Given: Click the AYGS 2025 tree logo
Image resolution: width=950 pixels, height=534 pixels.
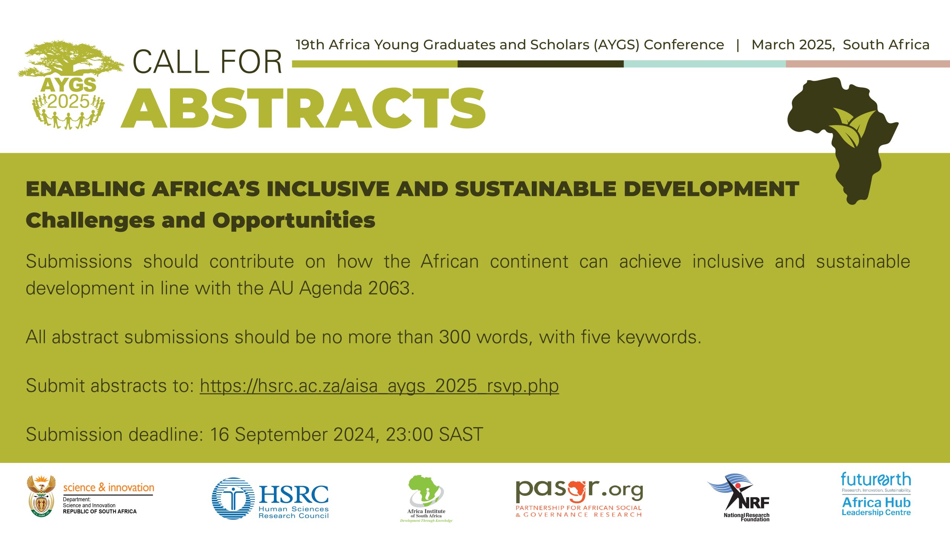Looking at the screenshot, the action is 71,85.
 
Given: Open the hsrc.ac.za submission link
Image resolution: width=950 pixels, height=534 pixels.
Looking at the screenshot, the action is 379,386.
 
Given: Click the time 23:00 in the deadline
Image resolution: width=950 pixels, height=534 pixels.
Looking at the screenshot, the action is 409,434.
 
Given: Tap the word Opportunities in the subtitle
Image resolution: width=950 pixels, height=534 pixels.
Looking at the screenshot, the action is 294,221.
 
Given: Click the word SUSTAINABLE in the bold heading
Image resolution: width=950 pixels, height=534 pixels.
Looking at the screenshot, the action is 535,189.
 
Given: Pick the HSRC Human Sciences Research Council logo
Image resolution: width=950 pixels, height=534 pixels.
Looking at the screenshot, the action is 270,498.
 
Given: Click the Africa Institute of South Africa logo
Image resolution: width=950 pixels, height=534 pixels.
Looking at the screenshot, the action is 426,498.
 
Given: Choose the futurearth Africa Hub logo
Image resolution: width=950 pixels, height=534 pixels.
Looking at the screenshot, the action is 876,494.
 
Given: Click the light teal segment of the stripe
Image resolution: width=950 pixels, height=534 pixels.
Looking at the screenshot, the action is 705,64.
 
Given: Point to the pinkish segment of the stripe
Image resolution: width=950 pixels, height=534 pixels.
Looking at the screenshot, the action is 868,64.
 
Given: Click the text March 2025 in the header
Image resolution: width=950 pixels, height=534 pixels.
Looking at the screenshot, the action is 793,45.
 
